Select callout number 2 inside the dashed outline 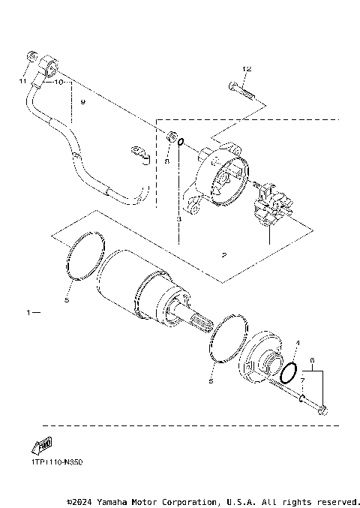tap(223, 256)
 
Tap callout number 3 tap(178, 219)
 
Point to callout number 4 tap(297, 343)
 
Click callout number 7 tap(301, 381)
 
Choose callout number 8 tap(166, 161)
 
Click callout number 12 tap(247, 69)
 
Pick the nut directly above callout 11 tap(31, 57)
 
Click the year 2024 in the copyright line tap(84, 500)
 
